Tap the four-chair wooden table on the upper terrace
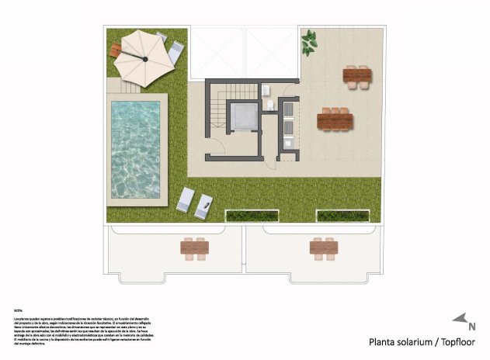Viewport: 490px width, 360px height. pos(357,75)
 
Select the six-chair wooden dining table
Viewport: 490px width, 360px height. pos(335,120)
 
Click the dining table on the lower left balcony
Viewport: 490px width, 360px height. pos(194,247)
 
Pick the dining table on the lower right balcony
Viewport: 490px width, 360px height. pos(323,247)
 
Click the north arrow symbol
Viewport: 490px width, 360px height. pos(460,319)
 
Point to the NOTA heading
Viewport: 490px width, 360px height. pos(18,309)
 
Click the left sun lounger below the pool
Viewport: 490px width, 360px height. pos(186,200)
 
